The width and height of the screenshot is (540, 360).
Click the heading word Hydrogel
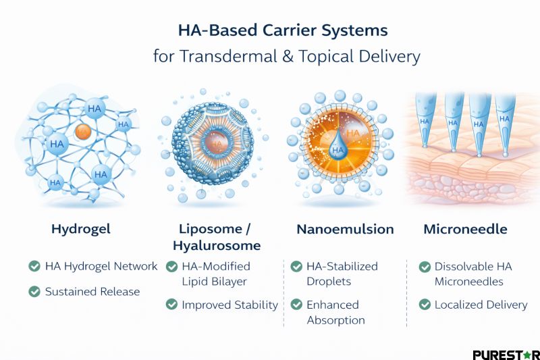80,229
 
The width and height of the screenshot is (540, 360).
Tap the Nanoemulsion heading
345,229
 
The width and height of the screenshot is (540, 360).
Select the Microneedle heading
466,229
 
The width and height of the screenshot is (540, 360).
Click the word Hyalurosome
217,245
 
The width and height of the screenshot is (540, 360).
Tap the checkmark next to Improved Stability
171,305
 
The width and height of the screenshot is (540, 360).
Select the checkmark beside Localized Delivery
425,305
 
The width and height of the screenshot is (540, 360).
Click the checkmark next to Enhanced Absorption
296,305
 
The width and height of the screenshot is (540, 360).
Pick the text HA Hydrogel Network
101,266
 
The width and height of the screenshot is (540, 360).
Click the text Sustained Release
92,292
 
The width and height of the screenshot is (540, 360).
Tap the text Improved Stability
230,305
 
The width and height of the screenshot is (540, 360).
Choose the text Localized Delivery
481,305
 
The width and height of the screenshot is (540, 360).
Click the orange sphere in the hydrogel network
83,131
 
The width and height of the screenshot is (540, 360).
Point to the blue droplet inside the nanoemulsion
337,147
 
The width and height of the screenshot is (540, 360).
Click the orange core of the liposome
217,144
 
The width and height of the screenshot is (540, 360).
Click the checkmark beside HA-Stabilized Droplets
296,266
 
